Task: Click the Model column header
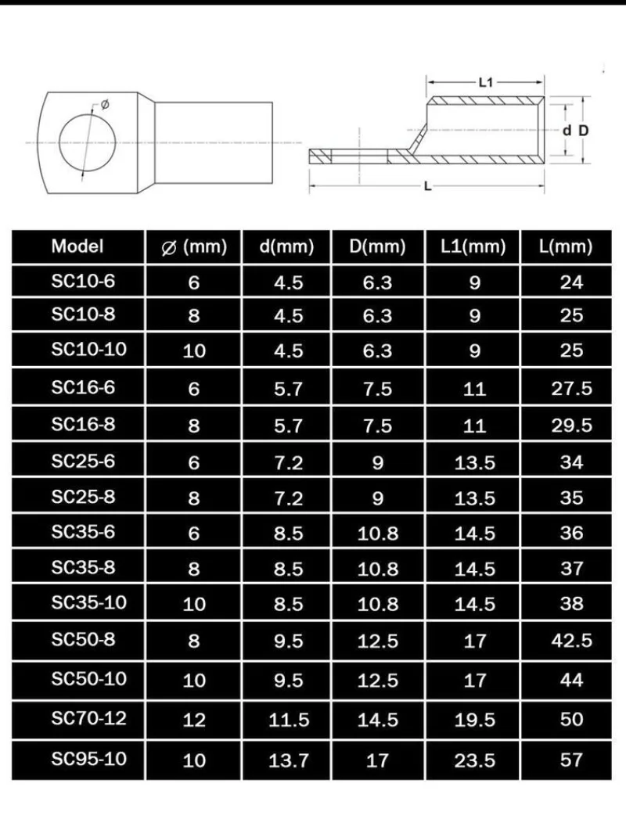[x=77, y=246]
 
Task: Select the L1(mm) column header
[x=474, y=247]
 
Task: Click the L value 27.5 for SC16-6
[x=572, y=389]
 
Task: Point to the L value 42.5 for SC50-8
[x=572, y=641]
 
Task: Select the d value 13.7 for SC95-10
[x=289, y=760]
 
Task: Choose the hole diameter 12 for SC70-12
[x=193, y=719]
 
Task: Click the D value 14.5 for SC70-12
[x=378, y=719]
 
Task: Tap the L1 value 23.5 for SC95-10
[x=474, y=760]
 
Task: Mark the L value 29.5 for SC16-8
[x=572, y=426]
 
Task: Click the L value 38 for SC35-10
[x=572, y=604]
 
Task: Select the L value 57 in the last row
[x=572, y=760]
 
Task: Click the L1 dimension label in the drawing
[x=484, y=81]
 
